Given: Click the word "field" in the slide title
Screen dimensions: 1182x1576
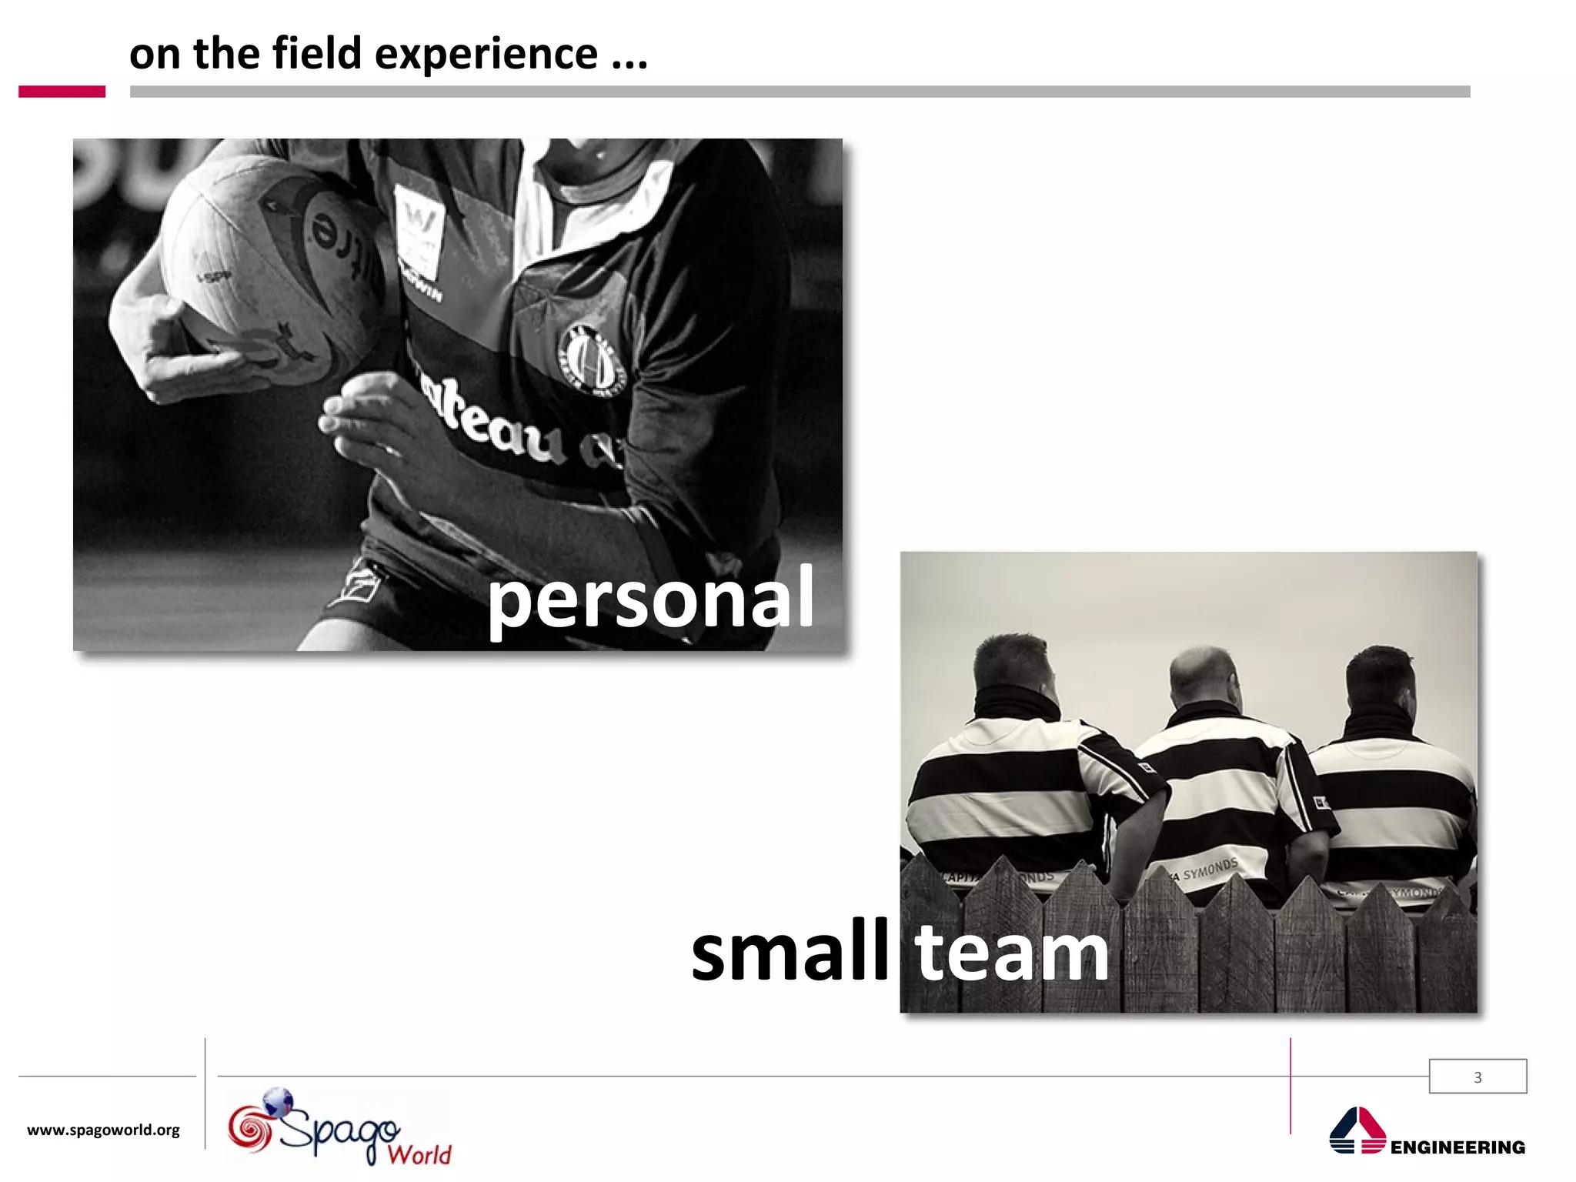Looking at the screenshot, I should coord(316,54).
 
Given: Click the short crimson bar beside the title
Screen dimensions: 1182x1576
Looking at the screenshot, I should coord(62,92).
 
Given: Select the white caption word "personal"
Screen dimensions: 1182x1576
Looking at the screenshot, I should coord(650,599).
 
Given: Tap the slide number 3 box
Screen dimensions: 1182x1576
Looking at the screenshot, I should coord(1477,1077).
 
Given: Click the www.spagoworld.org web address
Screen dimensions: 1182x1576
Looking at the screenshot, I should coord(103,1130).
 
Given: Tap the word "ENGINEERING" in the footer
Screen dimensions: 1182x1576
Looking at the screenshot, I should coord(1457,1147).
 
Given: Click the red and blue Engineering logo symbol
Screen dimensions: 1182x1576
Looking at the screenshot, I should coord(1357,1130).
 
